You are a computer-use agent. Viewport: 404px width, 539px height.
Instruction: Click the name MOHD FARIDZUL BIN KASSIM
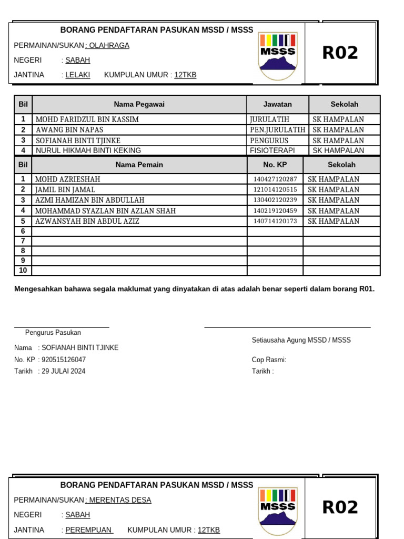coord(87,119)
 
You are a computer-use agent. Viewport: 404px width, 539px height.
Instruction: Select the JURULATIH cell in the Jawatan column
coord(269,119)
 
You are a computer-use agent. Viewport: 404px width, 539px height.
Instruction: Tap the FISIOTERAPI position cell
coord(272,151)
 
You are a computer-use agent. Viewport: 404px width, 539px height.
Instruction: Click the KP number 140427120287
coord(275,179)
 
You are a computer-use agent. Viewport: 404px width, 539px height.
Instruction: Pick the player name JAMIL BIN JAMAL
coord(65,189)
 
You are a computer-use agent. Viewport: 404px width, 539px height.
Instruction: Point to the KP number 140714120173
coord(275,222)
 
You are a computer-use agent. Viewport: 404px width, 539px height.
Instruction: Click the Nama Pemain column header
coord(139,165)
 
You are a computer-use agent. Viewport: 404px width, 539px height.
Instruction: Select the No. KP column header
coord(275,165)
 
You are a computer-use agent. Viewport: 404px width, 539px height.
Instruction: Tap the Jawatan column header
coord(277,104)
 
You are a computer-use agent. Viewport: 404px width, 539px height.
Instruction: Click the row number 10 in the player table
coord(23,271)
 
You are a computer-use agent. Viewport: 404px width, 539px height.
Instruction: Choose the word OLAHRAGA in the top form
coord(109,46)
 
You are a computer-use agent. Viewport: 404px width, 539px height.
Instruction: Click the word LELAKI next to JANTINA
coord(77,75)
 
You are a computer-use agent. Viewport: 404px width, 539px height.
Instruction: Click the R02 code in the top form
coord(340,53)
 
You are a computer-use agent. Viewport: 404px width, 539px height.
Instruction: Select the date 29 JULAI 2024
coord(63,371)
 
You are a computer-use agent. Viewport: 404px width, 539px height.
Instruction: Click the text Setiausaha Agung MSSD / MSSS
coord(301,340)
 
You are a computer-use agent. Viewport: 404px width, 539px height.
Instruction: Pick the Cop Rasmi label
coord(269,360)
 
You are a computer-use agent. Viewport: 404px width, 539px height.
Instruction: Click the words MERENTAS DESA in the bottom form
coord(120,500)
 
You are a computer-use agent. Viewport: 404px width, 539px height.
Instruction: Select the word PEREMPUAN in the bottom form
coord(88,530)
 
